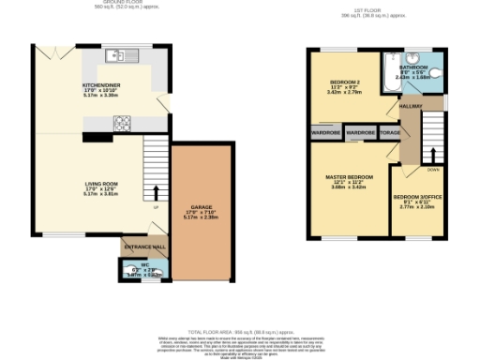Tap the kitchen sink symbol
(120, 53)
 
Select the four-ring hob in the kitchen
(122, 121)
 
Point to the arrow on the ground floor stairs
(156, 193)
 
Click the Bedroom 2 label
(343, 87)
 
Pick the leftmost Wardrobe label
(324, 133)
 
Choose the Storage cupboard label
(389, 133)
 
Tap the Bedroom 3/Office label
(417, 200)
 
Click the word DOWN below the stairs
(431, 170)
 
